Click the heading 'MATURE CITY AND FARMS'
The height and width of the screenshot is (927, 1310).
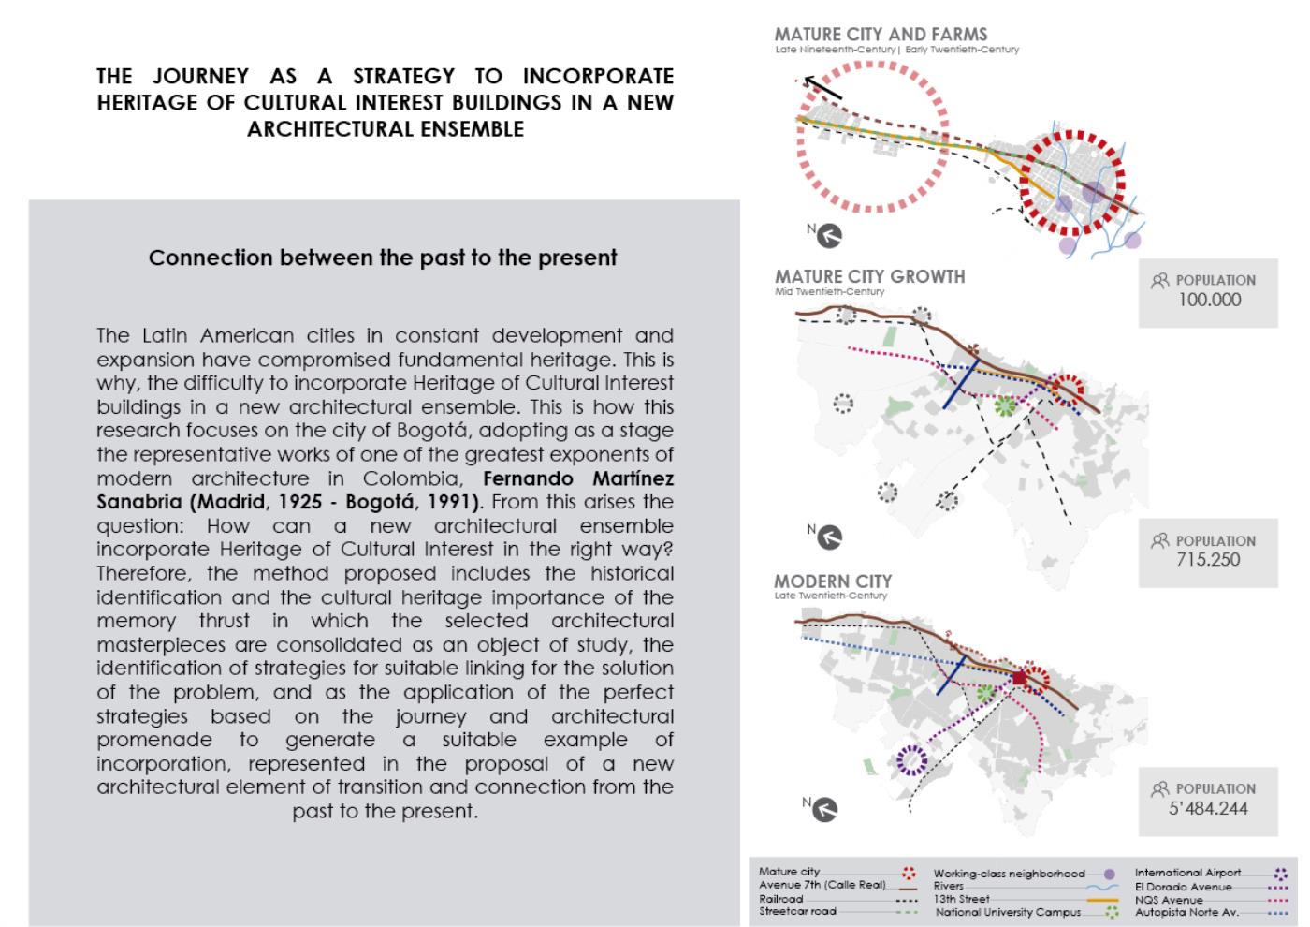pos(881,34)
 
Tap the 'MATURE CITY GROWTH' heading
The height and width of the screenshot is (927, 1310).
pos(869,276)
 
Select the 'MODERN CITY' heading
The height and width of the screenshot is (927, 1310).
pos(833,581)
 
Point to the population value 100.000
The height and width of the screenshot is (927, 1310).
pos(1209,300)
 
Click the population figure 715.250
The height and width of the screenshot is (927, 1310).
pos(1208,560)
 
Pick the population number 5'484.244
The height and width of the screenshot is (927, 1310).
pos(1208,808)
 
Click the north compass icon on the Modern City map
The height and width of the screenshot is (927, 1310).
pos(825,809)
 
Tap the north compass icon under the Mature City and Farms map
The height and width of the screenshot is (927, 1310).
pos(829,235)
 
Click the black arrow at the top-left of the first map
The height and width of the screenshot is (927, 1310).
pos(822,87)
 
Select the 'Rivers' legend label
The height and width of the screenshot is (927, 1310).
pos(949,886)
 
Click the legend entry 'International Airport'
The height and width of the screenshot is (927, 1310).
pos(1187,873)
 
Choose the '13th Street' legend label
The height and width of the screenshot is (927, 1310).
pos(961,899)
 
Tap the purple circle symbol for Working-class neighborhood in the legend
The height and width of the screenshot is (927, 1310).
pos(1110,874)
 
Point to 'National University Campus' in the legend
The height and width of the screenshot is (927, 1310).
pos(1008,912)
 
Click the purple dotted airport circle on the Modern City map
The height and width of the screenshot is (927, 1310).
pos(910,759)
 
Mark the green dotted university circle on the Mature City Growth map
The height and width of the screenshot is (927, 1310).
pos(1004,405)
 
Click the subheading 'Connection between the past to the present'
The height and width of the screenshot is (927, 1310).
pos(383,257)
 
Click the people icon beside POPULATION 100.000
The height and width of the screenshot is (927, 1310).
pos(1160,280)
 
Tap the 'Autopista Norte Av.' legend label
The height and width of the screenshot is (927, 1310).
pos(1187,912)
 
